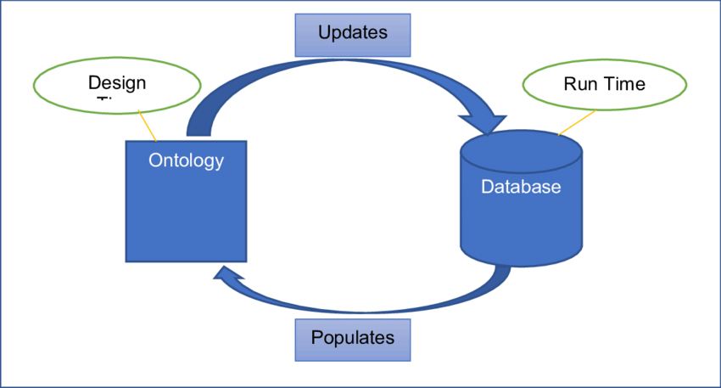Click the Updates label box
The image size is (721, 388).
pos(352,34)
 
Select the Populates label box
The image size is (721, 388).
pos(352,338)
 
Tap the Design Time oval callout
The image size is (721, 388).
pos(117,87)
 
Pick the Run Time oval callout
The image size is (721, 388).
pos(604,85)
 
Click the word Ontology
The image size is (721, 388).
pos(186,160)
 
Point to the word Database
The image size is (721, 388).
pos(521,187)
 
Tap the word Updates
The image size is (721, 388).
pos(352,33)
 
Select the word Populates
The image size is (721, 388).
pos(352,338)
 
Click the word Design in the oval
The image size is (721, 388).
pos(117,83)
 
